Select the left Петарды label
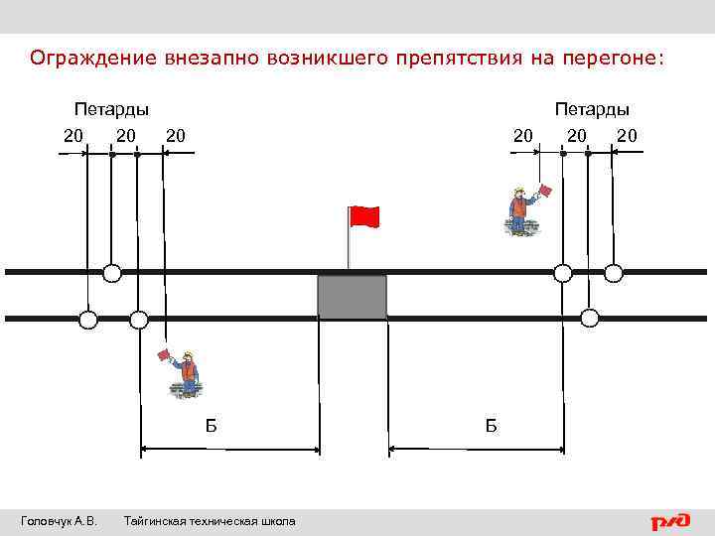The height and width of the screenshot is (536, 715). click(112, 109)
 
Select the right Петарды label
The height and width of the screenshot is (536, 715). click(592, 109)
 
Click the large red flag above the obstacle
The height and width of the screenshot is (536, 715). click(364, 216)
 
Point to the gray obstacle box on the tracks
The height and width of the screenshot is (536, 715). click(352, 297)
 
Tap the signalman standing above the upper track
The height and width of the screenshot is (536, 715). click(518, 211)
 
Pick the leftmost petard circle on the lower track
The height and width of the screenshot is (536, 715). click(88, 320)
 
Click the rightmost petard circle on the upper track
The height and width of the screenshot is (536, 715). click(614, 272)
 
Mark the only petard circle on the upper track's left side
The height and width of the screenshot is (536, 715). click(112, 272)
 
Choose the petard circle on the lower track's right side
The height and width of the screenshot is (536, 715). click(590, 319)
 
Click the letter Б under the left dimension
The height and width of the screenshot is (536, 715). click(211, 426)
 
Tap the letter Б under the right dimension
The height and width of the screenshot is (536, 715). click(492, 426)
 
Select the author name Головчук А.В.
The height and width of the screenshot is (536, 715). click(59, 521)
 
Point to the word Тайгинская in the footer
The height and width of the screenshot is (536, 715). click(158, 521)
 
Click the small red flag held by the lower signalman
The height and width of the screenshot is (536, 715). click(164, 354)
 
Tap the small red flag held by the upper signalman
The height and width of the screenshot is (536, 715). click(544, 190)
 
